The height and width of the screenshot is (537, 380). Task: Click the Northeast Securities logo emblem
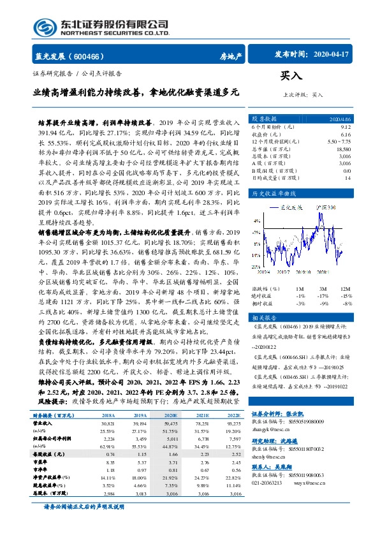[45, 27]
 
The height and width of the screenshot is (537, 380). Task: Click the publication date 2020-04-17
[336, 55]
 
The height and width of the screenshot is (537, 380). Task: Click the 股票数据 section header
[264, 119]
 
